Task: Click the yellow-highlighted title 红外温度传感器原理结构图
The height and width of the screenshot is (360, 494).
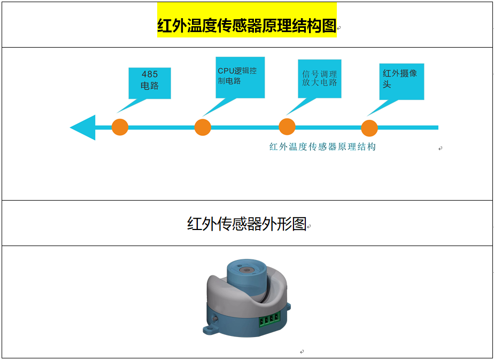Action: click(x=247, y=26)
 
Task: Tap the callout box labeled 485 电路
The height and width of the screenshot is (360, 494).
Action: click(x=150, y=83)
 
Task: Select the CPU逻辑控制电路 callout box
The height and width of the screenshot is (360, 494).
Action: click(x=240, y=77)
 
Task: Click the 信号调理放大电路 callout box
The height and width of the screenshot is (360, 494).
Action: click(x=320, y=79)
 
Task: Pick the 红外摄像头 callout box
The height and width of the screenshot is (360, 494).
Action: click(x=402, y=81)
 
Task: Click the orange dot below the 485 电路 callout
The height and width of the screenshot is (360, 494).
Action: click(x=120, y=127)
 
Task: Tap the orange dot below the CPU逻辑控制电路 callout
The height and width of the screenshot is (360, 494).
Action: click(x=203, y=127)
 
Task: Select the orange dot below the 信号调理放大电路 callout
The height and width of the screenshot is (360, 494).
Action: click(x=287, y=127)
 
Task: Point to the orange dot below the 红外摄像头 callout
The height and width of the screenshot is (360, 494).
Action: click(x=369, y=128)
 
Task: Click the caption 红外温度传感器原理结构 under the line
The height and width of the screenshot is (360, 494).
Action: click(x=322, y=147)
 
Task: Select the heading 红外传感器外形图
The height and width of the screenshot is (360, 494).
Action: click(x=246, y=224)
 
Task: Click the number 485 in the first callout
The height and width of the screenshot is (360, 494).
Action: click(x=150, y=74)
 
